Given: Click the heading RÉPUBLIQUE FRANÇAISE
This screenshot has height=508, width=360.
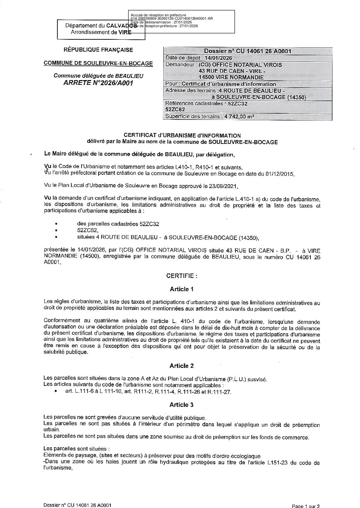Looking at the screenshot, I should click(98, 50).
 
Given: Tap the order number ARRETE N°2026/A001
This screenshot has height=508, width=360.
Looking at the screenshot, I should click(98, 83).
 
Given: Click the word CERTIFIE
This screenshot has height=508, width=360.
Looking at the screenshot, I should click(182, 276).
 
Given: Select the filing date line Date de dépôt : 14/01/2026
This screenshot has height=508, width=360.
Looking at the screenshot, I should click(198, 58).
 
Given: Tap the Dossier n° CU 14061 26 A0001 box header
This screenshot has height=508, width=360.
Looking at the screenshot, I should click(248, 51).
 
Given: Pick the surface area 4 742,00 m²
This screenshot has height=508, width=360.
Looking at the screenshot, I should click(238, 116).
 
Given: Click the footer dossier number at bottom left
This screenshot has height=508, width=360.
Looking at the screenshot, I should click(78, 505).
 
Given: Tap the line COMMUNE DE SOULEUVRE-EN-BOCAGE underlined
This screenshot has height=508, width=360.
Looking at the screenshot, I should click(98, 63).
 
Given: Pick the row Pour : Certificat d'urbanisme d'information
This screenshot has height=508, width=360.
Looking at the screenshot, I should click(220, 84).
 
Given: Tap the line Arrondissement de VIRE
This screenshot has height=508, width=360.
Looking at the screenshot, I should click(101, 32).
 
